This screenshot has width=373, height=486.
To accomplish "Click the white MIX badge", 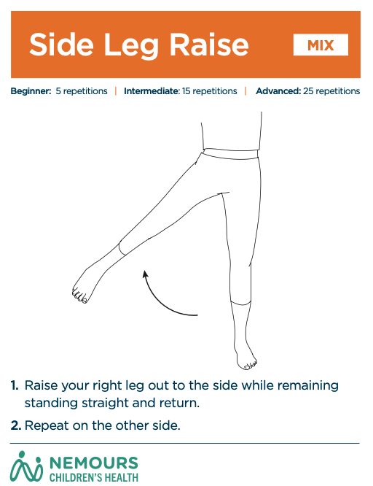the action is (321, 45).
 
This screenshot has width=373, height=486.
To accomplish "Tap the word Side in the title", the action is (61, 45).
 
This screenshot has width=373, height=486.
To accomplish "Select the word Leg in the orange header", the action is (132, 46).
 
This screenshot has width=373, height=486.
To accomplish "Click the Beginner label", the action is (31, 91).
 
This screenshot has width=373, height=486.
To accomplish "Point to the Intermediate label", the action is (152, 91).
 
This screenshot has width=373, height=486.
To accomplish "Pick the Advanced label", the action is (278, 91).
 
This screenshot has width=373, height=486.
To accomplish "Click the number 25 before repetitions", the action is (308, 91).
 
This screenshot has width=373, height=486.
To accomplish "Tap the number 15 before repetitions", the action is (186, 91).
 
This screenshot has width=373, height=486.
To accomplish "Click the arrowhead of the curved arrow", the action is (145, 274).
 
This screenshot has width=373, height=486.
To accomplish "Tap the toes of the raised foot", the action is (79, 296).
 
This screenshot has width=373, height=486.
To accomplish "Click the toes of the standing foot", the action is (250, 365).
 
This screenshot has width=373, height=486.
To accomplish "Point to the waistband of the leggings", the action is (231, 153).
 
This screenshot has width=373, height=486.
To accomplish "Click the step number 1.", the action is (15, 385).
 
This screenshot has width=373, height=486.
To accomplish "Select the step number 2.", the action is (16, 425).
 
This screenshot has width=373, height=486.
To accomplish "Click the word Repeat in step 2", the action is (47, 426).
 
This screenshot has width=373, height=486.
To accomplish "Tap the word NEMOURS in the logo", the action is (94, 463).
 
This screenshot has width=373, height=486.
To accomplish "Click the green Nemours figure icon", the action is (26, 466).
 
